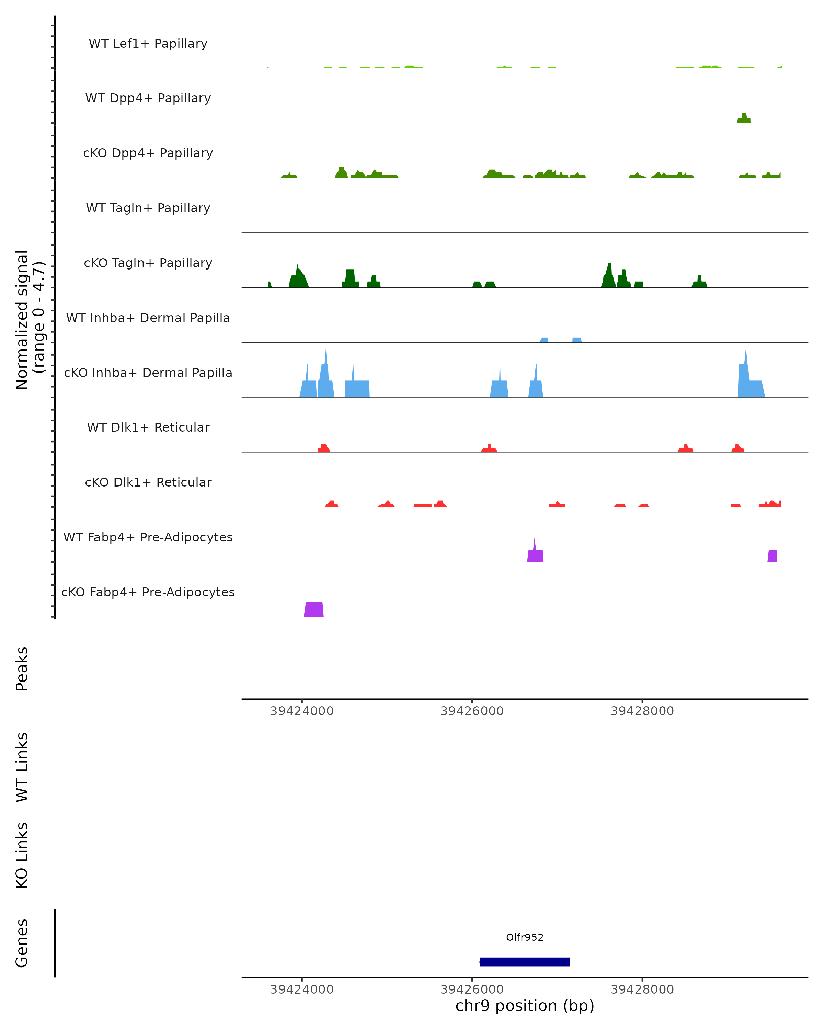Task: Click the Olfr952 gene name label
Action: [x=525, y=937]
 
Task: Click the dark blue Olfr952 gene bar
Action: [x=525, y=962]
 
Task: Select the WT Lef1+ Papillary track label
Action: [x=148, y=44]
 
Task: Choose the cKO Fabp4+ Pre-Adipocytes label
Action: [x=148, y=592]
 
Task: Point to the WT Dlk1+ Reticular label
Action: [x=148, y=427]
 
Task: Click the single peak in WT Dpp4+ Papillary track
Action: [x=744, y=118]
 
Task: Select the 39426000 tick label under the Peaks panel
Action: [x=472, y=711]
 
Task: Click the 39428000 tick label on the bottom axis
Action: [x=642, y=989]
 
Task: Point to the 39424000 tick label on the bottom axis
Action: [x=302, y=989]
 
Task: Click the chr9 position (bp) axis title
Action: [x=525, y=1006]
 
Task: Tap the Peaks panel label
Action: [x=22, y=668]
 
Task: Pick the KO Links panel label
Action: [x=22, y=855]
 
